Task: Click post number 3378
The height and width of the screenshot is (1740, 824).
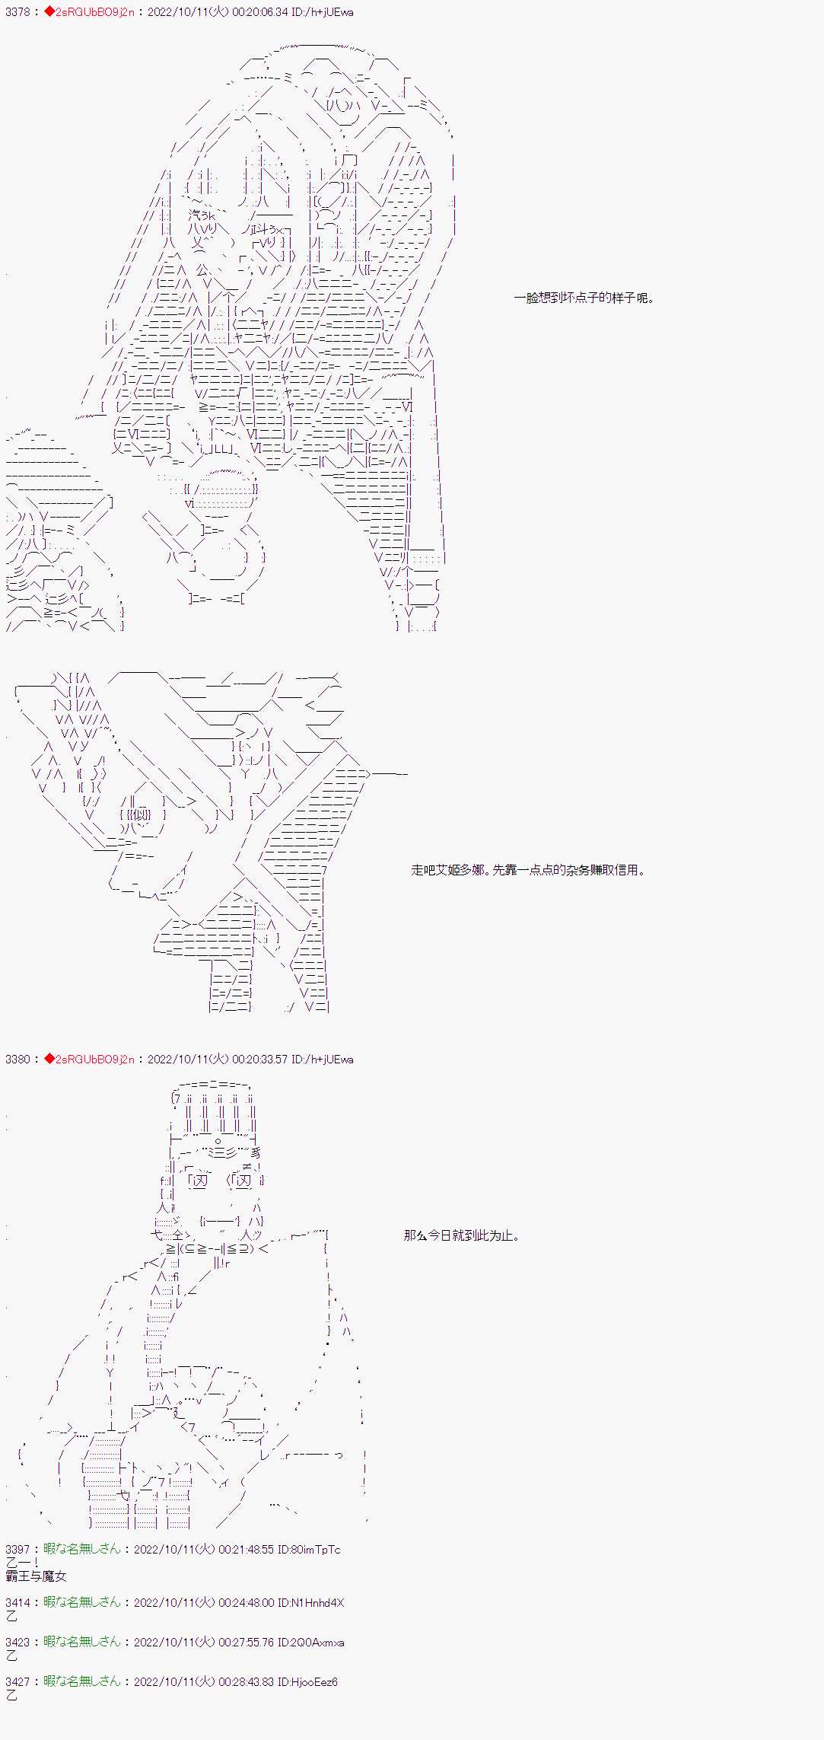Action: click(17, 13)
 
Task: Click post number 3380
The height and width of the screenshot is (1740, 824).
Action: click(17, 1059)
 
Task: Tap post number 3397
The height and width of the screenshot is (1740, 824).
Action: click(17, 1549)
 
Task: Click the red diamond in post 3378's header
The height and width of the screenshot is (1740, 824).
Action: click(49, 13)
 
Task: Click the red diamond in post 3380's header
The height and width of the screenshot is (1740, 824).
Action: click(49, 1059)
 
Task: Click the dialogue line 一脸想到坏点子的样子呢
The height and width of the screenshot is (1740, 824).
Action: click(584, 298)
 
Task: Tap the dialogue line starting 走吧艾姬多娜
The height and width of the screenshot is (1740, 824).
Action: click(528, 869)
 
